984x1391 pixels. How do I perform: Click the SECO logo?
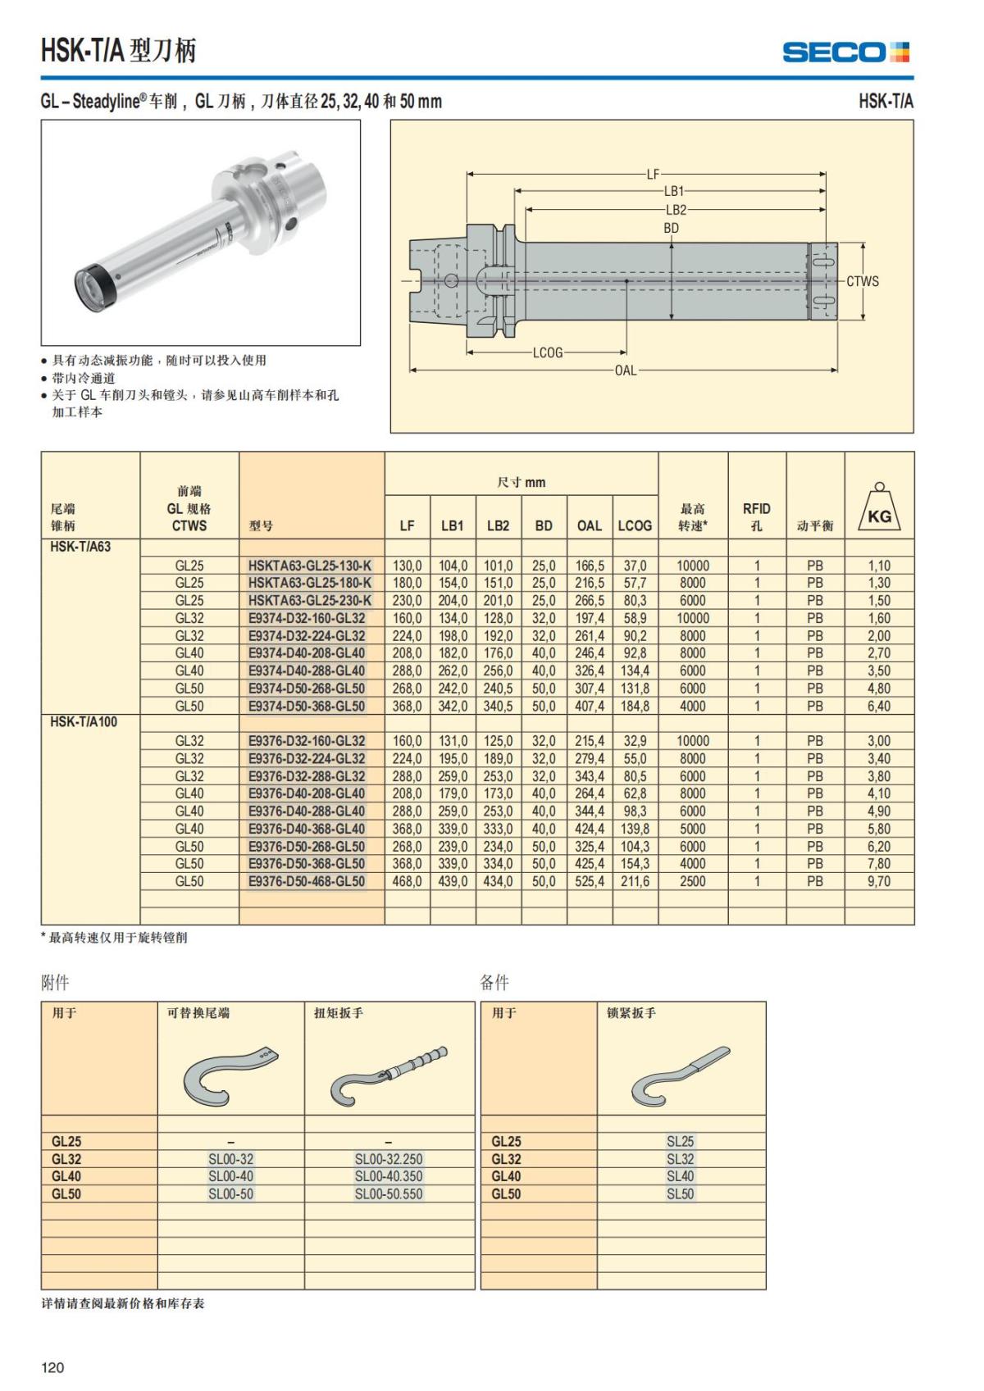(845, 52)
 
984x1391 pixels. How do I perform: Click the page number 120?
(52, 1367)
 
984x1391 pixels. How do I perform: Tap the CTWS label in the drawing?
(863, 281)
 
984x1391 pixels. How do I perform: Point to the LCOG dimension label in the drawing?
(548, 353)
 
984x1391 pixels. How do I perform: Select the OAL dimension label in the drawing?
(626, 370)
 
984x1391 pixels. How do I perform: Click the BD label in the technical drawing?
(671, 229)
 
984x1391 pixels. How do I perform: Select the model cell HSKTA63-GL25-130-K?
(310, 566)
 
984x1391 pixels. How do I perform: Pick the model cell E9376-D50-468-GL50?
(307, 881)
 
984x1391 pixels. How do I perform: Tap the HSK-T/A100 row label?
(84, 723)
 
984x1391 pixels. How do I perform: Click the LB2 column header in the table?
(498, 526)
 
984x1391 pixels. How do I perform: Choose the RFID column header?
(756, 516)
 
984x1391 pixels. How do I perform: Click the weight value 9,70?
(879, 881)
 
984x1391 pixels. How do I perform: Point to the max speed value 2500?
(692, 881)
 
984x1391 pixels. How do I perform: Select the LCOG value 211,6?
(635, 881)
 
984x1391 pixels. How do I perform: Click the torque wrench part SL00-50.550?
(389, 1194)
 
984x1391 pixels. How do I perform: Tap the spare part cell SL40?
(680, 1176)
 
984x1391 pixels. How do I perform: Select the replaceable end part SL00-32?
(230, 1159)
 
